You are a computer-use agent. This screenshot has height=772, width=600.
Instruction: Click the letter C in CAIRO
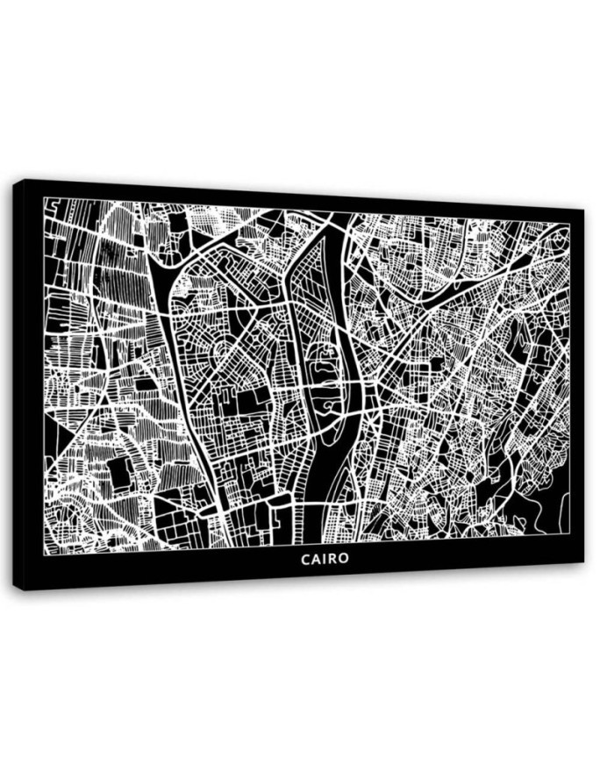[x=305, y=559]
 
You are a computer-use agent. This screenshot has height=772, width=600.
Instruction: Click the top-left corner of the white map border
[x=45, y=198]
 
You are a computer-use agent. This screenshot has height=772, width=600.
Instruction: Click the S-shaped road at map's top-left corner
[x=53, y=207]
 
